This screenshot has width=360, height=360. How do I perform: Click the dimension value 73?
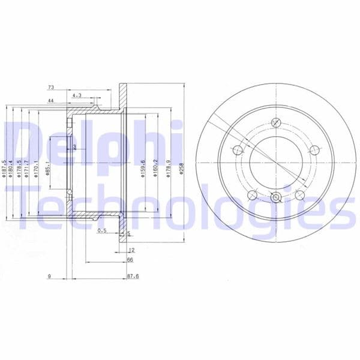(51, 88)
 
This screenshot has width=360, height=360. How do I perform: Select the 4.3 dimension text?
(76, 95)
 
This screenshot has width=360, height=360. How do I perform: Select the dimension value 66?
(130, 260)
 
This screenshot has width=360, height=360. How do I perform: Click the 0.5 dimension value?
(101, 230)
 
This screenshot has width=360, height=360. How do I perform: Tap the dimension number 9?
(49, 277)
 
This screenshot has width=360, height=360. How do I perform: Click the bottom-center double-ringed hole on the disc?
(275, 197)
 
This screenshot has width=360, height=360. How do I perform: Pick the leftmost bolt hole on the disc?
(237, 150)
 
